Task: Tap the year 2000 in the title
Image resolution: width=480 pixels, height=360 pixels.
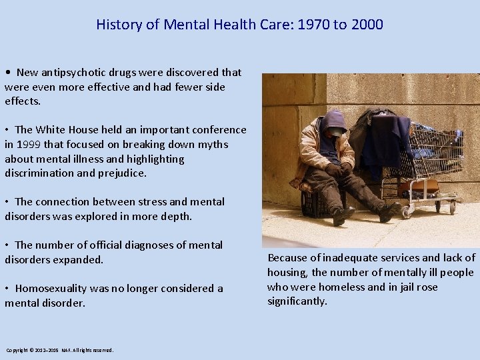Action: point(367,25)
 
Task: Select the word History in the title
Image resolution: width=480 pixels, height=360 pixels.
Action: point(119,25)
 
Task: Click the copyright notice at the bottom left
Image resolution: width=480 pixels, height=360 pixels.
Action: point(60,350)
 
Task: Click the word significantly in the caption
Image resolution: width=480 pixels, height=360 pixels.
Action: point(297,301)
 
